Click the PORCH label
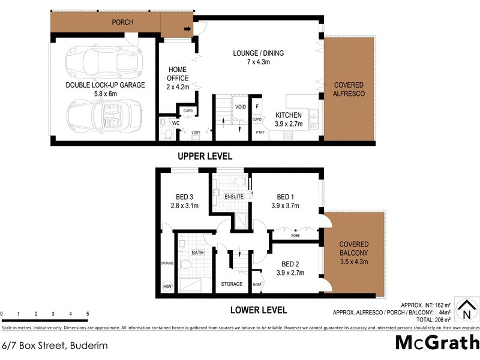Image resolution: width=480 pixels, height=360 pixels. (122, 22)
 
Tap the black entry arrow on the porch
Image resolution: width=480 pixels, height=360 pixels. (187, 28)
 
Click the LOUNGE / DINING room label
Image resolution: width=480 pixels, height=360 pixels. (258, 58)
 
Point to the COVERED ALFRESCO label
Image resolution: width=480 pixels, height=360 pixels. (349, 90)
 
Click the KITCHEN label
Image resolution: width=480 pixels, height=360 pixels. (289, 119)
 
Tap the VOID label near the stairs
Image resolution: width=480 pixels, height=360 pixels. (241, 107)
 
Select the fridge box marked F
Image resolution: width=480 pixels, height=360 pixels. (257, 107)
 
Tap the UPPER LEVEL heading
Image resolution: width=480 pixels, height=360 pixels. (204, 156)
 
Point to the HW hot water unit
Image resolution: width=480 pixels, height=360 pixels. (167, 287)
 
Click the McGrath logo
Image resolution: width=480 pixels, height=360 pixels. (437, 344)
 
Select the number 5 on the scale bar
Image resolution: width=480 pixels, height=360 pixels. (88, 314)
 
